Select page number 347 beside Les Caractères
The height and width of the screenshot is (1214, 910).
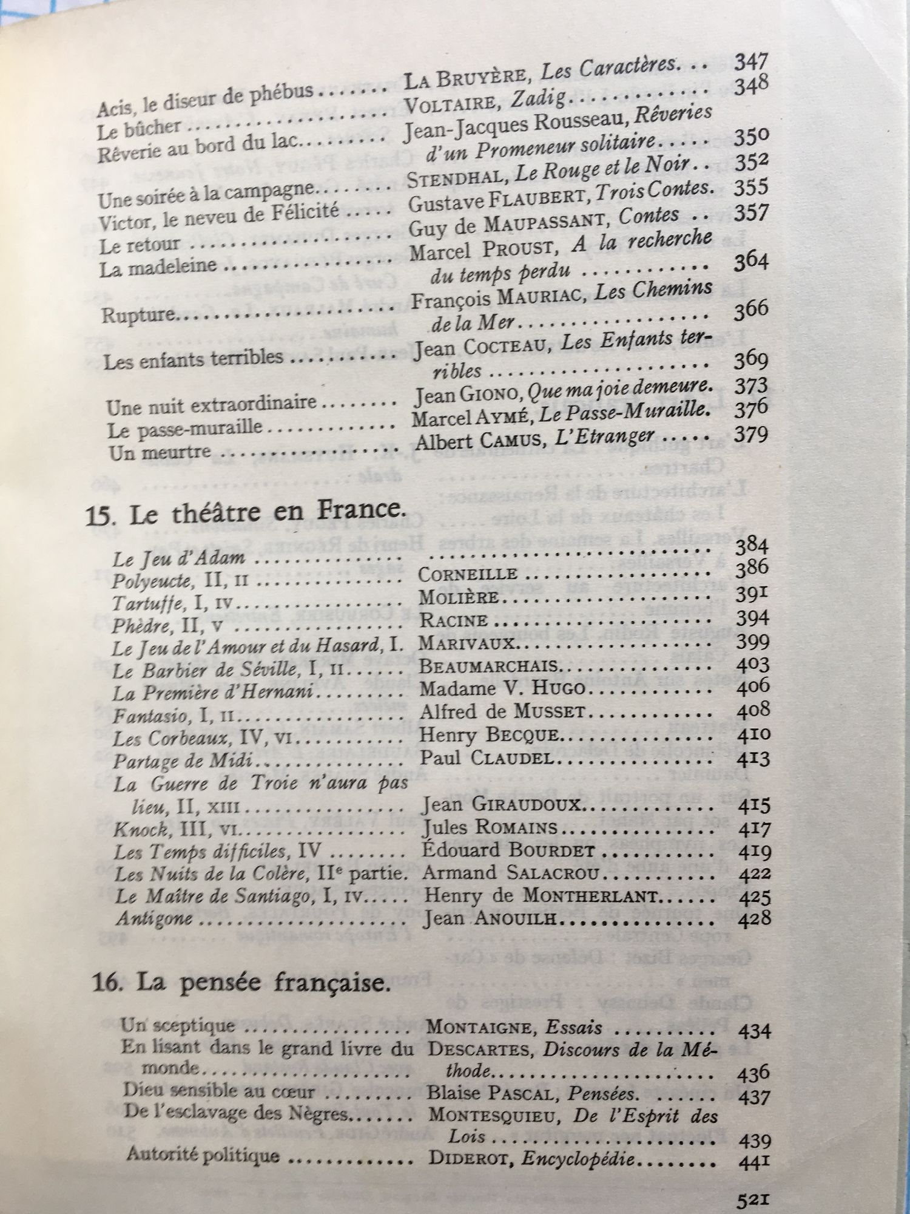(x=751, y=63)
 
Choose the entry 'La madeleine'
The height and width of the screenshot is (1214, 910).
(x=158, y=268)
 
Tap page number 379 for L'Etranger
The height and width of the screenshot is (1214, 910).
(x=751, y=435)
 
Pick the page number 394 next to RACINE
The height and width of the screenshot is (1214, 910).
(x=752, y=618)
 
